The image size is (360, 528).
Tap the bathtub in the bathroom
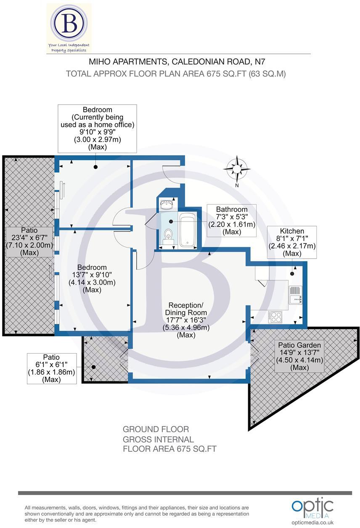coord(187,230)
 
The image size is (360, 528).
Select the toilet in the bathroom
coord(168,236)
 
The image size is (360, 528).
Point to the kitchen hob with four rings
coord(276,316)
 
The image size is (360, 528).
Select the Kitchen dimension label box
coord(291,242)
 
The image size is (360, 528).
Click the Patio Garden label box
coord(299,356)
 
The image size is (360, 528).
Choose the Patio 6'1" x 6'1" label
coord(51,368)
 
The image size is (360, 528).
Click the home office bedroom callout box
coord(97,128)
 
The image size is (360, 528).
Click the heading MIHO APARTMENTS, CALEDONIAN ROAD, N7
coord(177,62)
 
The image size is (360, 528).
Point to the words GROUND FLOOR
coord(156,429)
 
